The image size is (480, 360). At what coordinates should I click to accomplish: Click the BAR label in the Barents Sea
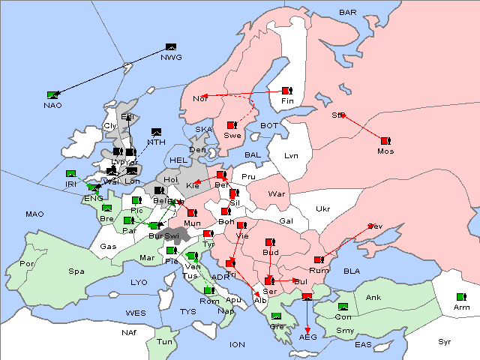pos(348,13)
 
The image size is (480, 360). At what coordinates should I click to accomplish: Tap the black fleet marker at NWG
pos(170,48)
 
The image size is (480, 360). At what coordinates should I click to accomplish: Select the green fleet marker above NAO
pos(52,94)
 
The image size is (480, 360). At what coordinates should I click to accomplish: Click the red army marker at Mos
pos(385,140)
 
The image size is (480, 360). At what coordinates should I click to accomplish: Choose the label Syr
pos(445,341)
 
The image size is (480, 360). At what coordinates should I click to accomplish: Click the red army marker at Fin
pos(286,91)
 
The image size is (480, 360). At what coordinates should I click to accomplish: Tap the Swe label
pos(232,136)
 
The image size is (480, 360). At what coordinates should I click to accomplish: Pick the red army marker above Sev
pos(370,226)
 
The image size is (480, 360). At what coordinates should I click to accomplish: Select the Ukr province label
pos(322,209)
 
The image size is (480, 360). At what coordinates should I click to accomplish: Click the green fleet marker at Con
pos(343,307)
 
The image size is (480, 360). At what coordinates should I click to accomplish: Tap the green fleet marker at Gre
pos(277,316)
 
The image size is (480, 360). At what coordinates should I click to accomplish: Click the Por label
pos(28,264)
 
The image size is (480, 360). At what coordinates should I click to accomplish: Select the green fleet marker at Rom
pos(208,290)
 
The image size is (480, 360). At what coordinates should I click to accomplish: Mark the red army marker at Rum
pos(319,260)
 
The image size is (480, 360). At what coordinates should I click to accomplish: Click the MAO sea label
pos(34,214)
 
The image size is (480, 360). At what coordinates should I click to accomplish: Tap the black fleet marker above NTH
pos(157,131)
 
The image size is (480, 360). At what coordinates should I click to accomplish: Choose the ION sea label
pos(238,344)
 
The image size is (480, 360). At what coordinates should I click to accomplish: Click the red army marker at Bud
pos(270,242)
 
